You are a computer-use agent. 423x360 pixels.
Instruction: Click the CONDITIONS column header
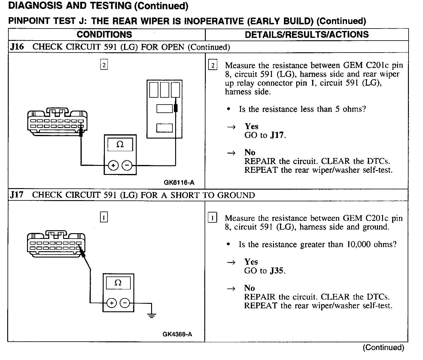coord(104,35)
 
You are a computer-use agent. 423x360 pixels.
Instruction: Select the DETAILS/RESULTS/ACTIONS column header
coord(307,35)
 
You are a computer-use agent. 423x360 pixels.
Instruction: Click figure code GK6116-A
coord(179,182)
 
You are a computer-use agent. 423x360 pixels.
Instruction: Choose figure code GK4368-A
coord(177,334)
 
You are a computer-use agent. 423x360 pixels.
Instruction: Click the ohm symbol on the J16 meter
coord(120,145)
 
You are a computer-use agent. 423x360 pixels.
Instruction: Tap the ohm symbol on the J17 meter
coord(118,283)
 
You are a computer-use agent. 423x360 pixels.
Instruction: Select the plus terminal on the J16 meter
coord(113,165)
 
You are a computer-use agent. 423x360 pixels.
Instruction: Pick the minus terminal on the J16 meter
coord(127,165)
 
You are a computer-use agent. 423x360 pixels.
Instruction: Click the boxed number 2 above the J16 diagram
coord(104,65)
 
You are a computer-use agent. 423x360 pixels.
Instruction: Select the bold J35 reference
coord(277,271)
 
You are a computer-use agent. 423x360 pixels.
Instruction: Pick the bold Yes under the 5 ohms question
coord(251,126)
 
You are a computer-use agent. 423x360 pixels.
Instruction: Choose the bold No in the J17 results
coord(249,288)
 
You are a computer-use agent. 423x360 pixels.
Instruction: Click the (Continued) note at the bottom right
coord(384,348)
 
